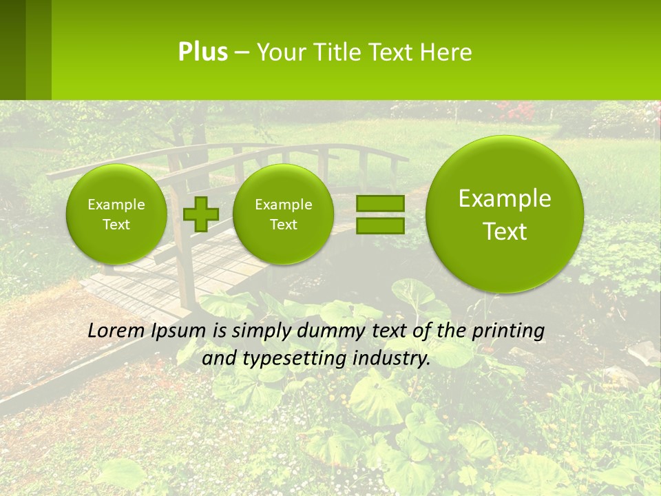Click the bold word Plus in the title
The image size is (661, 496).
(x=202, y=52)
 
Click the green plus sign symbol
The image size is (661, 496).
(x=200, y=214)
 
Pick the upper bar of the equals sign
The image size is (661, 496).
(x=379, y=203)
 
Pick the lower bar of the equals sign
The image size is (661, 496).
(x=379, y=225)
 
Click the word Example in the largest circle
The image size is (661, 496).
(x=505, y=198)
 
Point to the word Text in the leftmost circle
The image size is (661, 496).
(x=116, y=225)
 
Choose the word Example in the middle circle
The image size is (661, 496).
(x=283, y=205)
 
